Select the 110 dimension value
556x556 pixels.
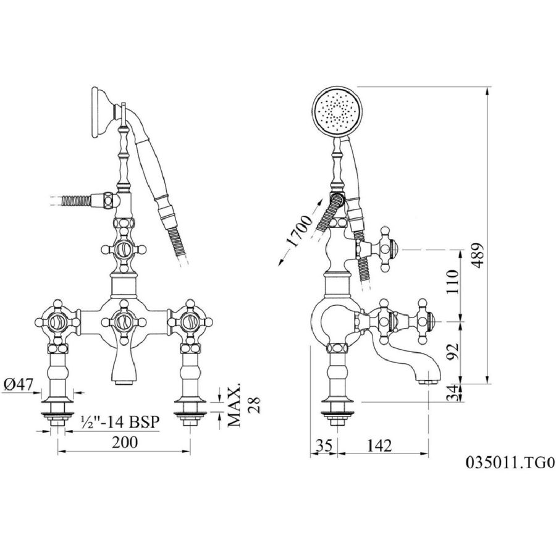click(x=452, y=282)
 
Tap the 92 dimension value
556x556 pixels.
click(x=452, y=351)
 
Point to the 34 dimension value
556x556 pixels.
click(x=452, y=393)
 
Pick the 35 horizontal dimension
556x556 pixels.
click(x=324, y=445)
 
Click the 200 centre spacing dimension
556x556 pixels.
click(x=125, y=442)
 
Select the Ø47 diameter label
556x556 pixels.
click(x=18, y=384)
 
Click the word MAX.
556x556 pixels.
click(x=234, y=404)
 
